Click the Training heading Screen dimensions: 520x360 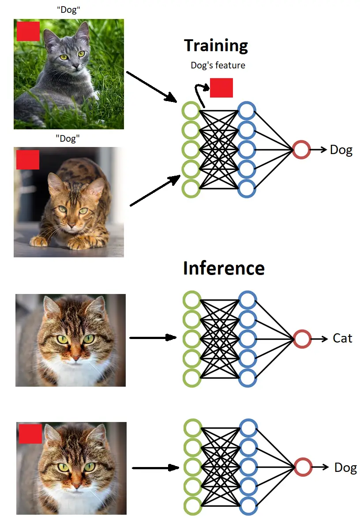point(216,45)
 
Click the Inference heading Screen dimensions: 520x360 point(224,268)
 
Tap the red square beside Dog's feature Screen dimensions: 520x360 point(221,87)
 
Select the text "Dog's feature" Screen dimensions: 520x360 point(217,65)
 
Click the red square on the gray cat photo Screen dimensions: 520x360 point(28,31)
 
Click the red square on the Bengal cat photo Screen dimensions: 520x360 point(28,159)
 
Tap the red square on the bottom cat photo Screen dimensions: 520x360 point(30,434)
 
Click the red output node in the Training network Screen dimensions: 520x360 point(301,150)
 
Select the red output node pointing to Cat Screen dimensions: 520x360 point(302,339)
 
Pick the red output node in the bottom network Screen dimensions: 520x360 point(303,467)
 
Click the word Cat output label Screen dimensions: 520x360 point(342,339)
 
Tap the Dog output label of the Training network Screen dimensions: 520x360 point(341,150)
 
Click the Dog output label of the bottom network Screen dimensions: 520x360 point(345,468)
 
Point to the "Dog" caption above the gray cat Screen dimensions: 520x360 point(68,10)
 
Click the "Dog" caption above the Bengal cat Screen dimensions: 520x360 point(68,139)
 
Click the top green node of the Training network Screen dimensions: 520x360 point(191,111)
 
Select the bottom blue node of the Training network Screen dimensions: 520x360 point(247,188)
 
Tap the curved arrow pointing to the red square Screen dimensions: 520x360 point(199,93)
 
